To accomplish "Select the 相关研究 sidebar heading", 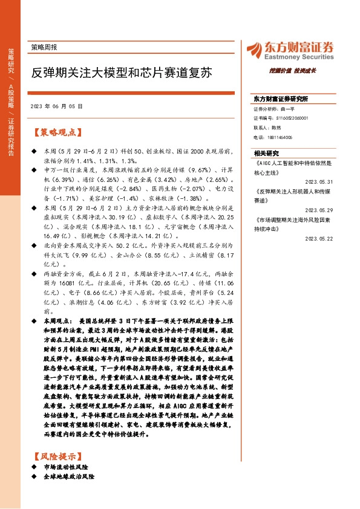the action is pyautogui.click(x=266, y=154).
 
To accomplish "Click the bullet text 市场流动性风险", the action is pyautogui.click(x=67, y=468).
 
